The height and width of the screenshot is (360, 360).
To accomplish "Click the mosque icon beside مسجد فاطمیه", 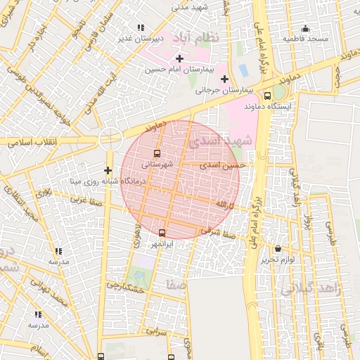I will [x=305, y=29].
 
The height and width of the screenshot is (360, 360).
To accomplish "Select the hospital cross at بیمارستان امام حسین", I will [x=180, y=58].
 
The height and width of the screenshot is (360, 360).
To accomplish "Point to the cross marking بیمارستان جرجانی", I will [x=225, y=78].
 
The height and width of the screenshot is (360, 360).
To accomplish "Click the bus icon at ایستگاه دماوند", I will [x=267, y=96].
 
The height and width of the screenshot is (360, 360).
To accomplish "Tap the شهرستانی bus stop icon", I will [x=156, y=153].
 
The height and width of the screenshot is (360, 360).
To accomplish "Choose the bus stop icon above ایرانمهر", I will [x=162, y=233].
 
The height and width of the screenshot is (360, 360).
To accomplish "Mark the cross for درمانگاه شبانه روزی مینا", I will [x=108, y=170].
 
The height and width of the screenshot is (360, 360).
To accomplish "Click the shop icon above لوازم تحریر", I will [x=278, y=249].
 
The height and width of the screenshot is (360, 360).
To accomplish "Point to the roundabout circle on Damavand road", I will [x=110, y=139].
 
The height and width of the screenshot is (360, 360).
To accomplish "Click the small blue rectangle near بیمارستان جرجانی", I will [x=243, y=70].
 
